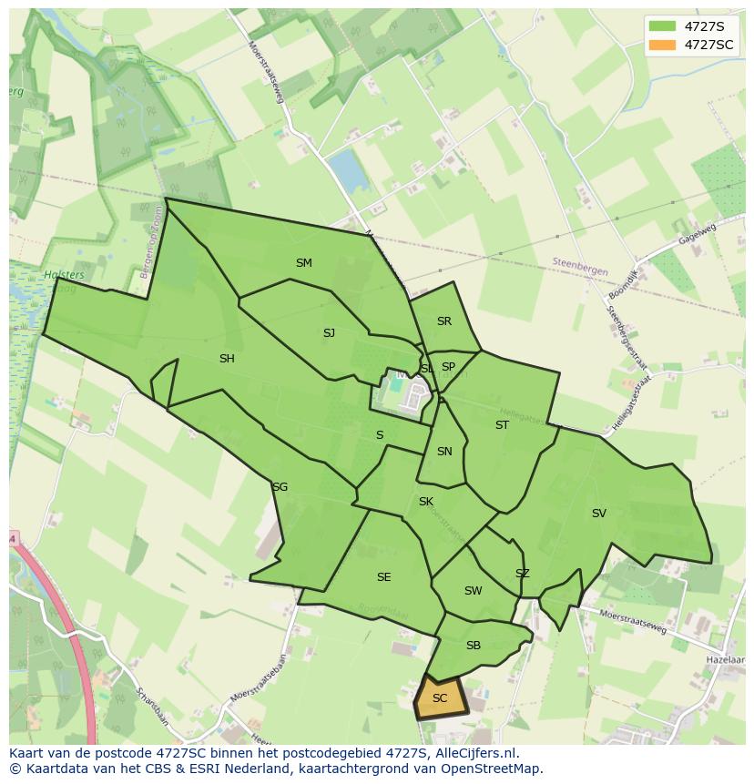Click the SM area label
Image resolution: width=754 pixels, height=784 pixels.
pos(303,263)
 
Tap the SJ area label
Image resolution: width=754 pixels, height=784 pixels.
pos(329,333)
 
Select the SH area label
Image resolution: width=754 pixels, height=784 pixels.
pos(227,359)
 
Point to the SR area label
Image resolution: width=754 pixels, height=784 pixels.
pos(443,321)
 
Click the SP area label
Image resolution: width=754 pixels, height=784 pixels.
pos(448,367)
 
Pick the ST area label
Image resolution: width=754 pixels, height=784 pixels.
pos(502,425)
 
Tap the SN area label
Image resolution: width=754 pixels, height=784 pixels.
pos(444,452)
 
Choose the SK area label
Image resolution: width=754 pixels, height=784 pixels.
pos(425,502)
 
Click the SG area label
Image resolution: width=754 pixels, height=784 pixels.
pos(280,487)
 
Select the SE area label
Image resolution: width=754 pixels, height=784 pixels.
pos(383,577)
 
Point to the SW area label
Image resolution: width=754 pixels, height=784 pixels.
pos(473,591)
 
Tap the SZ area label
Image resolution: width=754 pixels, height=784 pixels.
pos(522,574)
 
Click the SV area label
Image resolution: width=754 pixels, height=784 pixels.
pos(598,514)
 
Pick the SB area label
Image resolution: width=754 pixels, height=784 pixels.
pos(473,646)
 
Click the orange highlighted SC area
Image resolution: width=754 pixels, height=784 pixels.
pos(440,698)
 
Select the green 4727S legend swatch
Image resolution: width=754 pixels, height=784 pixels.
pos(662,26)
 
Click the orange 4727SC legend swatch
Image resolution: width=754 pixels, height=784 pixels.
pos(662,45)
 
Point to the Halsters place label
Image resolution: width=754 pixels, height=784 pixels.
pos(64,275)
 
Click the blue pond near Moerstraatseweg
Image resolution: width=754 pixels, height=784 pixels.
pos(348,170)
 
